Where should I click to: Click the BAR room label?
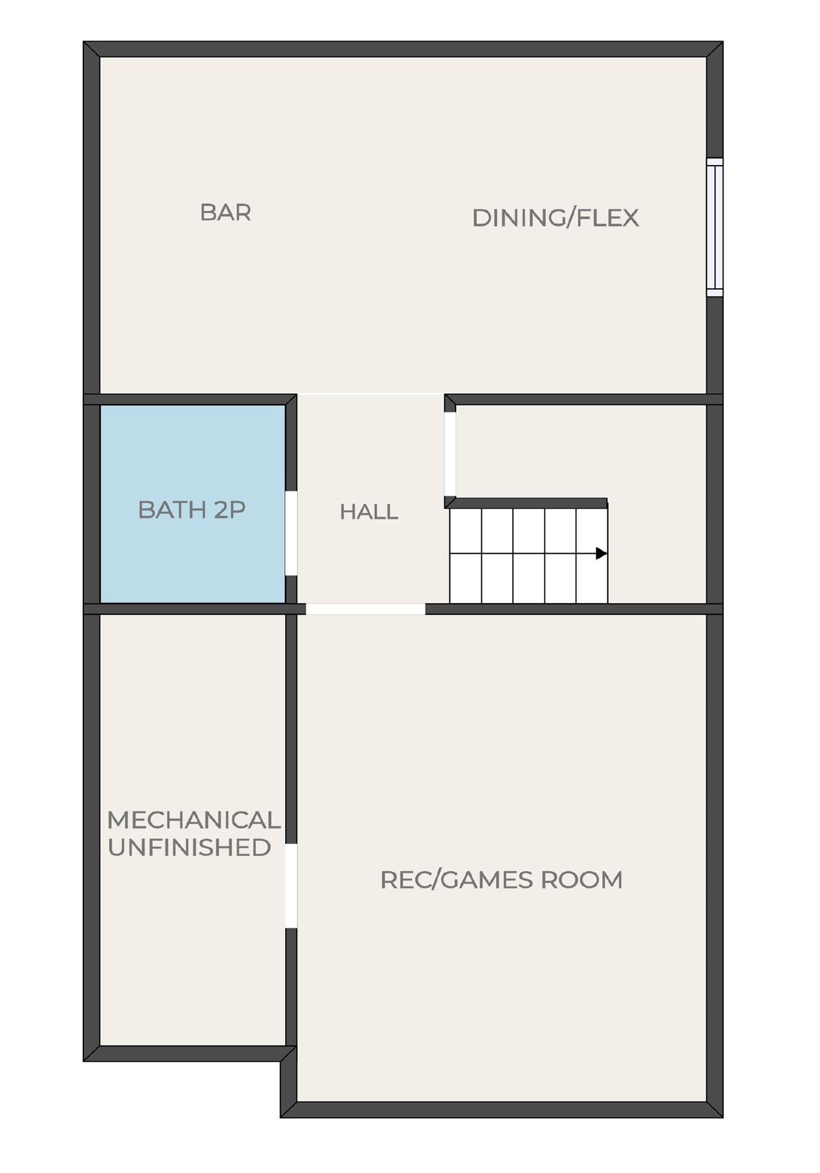(x=225, y=213)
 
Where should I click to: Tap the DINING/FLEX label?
(x=555, y=218)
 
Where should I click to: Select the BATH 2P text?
(x=192, y=510)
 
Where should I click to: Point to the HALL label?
(x=369, y=512)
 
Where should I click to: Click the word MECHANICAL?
(x=194, y=820)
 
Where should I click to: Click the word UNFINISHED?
(x=189, y=847)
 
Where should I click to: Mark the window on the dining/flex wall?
(x=715, y=227)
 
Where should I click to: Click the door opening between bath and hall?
(x=291, y=533)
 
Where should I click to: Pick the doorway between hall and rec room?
(x=365, y=609)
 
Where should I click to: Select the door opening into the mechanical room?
(x=291, y=885)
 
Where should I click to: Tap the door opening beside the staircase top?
(x=450, y=453)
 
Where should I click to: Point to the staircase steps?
(x=528, y=556)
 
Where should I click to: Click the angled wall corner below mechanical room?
(x=288, y=1055)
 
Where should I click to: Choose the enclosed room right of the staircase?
(x=655, y=504)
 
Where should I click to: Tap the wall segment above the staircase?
(x=526, y=503)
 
